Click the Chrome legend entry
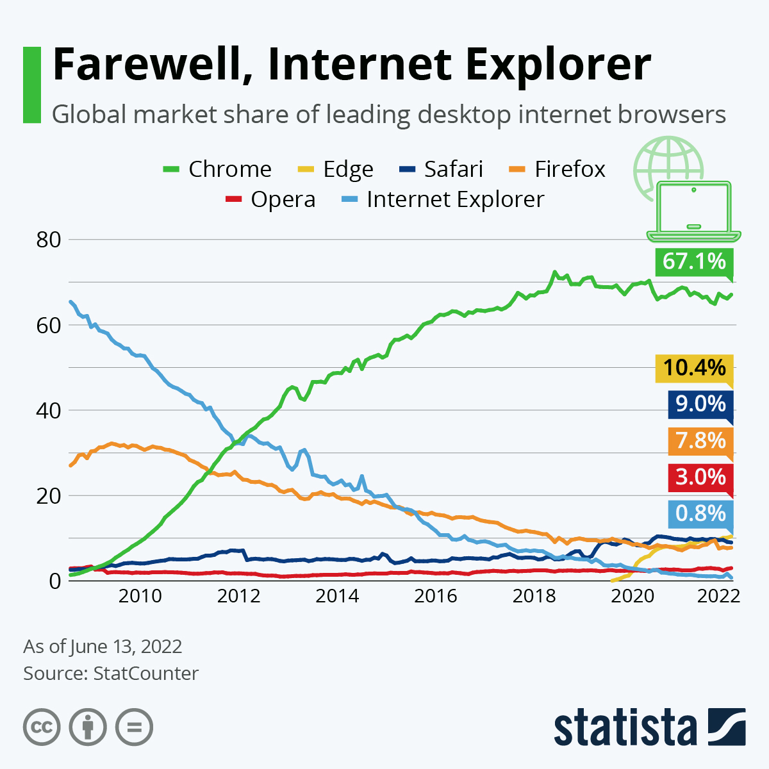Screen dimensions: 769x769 click(x=218, y=169)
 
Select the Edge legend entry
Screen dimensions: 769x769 click(x=336, y=169)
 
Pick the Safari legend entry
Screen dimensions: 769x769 click(x=442, y=169)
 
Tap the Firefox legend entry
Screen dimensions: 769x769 click(x=558, y=169)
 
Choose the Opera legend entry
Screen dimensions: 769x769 click(x=270, y=199)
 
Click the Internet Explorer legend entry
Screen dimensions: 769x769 click(x=442, y=199)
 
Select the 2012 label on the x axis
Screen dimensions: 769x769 click(x=238, y=596)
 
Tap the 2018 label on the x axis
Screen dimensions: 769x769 click(x=534, y=596)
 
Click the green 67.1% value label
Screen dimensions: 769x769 click(x=694, y=261)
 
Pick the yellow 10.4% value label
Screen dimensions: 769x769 click(x=694, y=368)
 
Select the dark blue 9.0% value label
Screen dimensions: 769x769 click(x=700, y=404)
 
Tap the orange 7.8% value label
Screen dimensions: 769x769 click(x=700, y=441)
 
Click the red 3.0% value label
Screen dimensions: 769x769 click(x=700, y=477)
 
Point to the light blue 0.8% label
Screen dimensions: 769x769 click(x=700, y=514)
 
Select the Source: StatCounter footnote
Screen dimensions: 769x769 click(x=111, y=674)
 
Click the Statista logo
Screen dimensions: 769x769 click(x=649, y=728)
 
